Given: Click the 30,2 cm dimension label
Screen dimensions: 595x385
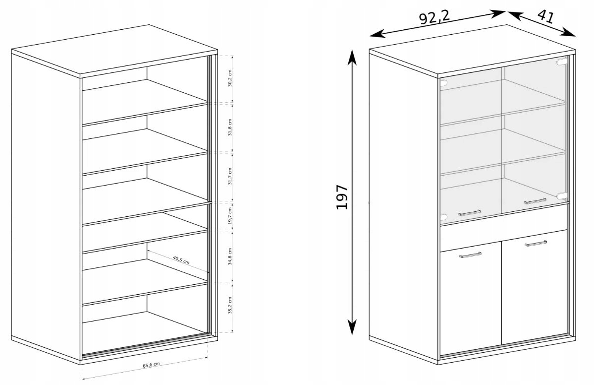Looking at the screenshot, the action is click(x=230, y=78).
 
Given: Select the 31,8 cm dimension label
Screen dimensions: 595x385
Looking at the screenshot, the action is click(x=230, y=127).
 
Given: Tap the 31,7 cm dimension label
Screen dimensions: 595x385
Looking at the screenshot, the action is click(x=230, y=176).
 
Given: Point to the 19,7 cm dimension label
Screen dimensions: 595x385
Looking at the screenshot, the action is click(x=230, y=216).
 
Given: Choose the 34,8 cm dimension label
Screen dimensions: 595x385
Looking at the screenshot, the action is click(x=230, y=257).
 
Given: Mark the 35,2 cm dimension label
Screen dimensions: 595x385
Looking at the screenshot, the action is click(x=230, y=305).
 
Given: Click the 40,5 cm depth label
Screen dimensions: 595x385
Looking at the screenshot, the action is click(x=181, y=260).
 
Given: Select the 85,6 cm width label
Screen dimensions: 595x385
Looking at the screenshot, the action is click(x=152, y=365).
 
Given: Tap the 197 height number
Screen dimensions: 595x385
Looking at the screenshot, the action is click(x=342, y=197).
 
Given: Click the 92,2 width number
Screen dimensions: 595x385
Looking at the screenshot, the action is click(x=434, y=18).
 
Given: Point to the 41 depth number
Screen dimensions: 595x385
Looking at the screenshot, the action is click(x=545, y=17).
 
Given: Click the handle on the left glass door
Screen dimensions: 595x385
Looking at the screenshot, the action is click(x=469, y=212).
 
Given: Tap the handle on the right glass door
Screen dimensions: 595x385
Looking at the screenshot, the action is click(x=535, y=201).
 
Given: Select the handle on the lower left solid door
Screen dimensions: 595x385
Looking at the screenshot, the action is click(x=470, y=255).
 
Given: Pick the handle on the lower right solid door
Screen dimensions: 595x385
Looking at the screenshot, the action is click(x=536, y=243).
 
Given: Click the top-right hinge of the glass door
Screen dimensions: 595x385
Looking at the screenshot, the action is click(x=561, y=62).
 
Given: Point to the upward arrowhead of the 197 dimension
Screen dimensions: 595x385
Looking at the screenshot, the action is click(x=352, y=57).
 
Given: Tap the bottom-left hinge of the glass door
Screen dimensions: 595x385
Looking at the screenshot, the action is click(x=443, y=217).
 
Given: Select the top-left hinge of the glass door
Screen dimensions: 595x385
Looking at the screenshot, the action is click(x=443, y=83).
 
